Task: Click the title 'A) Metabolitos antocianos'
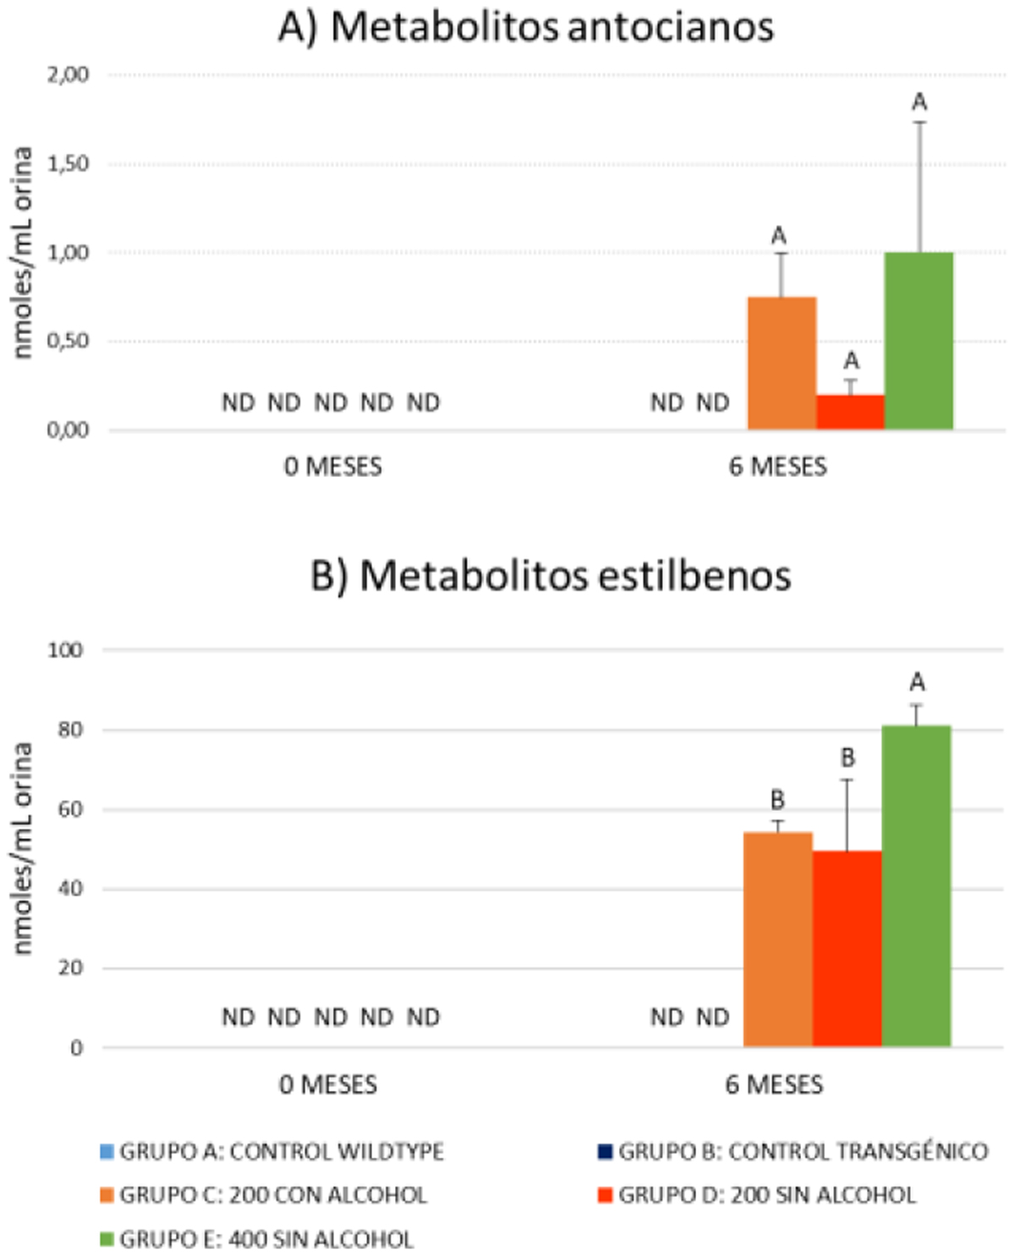pos(526,27)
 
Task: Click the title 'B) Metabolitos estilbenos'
pos(551,577)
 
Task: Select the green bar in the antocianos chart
pos(919,341)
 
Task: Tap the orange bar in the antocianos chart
pos(782,364)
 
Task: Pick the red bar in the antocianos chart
pos(850,413)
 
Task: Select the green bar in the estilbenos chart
pos(916,885)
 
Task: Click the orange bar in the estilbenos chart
pos(777,939)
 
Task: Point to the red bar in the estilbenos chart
pos(847,948)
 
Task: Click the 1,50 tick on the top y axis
pos(69,164)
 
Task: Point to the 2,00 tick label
pos(69,75)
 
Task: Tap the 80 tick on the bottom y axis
pos(71,729)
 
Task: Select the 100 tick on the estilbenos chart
pos(66,650)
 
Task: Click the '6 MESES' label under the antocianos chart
pos(778,467)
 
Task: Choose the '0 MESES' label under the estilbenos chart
pos(328,1085)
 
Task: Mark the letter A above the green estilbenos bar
pos(917,682)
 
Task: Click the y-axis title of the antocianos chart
pos(23,252)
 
